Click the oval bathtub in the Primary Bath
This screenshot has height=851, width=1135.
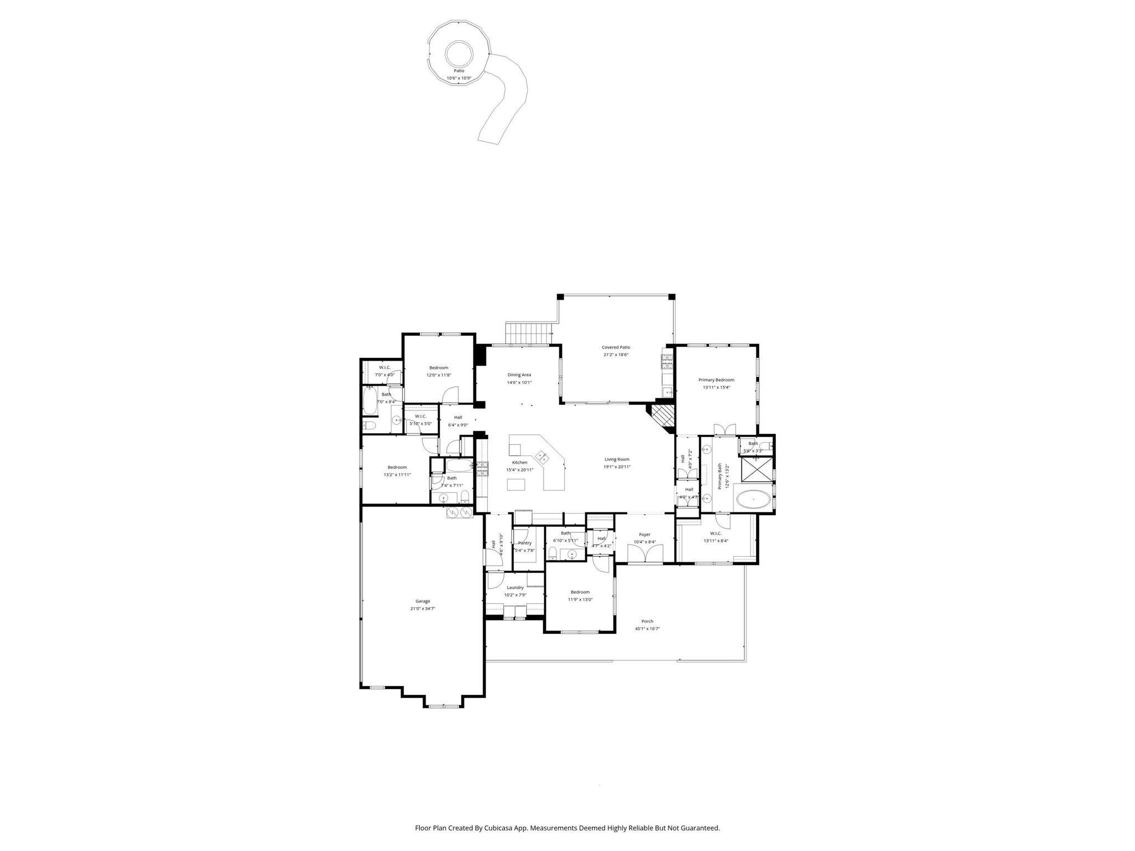point(753,500)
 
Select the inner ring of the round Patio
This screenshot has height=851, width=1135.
point(459,54)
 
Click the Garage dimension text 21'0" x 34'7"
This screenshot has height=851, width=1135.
point(422,608)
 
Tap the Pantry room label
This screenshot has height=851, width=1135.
point(524,543)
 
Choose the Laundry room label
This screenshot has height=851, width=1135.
point(515,587)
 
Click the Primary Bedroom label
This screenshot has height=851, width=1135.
point(716,380)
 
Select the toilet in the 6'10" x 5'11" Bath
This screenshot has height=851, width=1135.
point(553,553)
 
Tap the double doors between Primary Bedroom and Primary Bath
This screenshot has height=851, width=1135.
point(724,429)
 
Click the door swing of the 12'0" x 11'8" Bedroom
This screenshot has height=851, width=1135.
point(451,395)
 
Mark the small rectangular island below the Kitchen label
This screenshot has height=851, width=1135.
point(516,485)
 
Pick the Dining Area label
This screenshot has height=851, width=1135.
point(519,375)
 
